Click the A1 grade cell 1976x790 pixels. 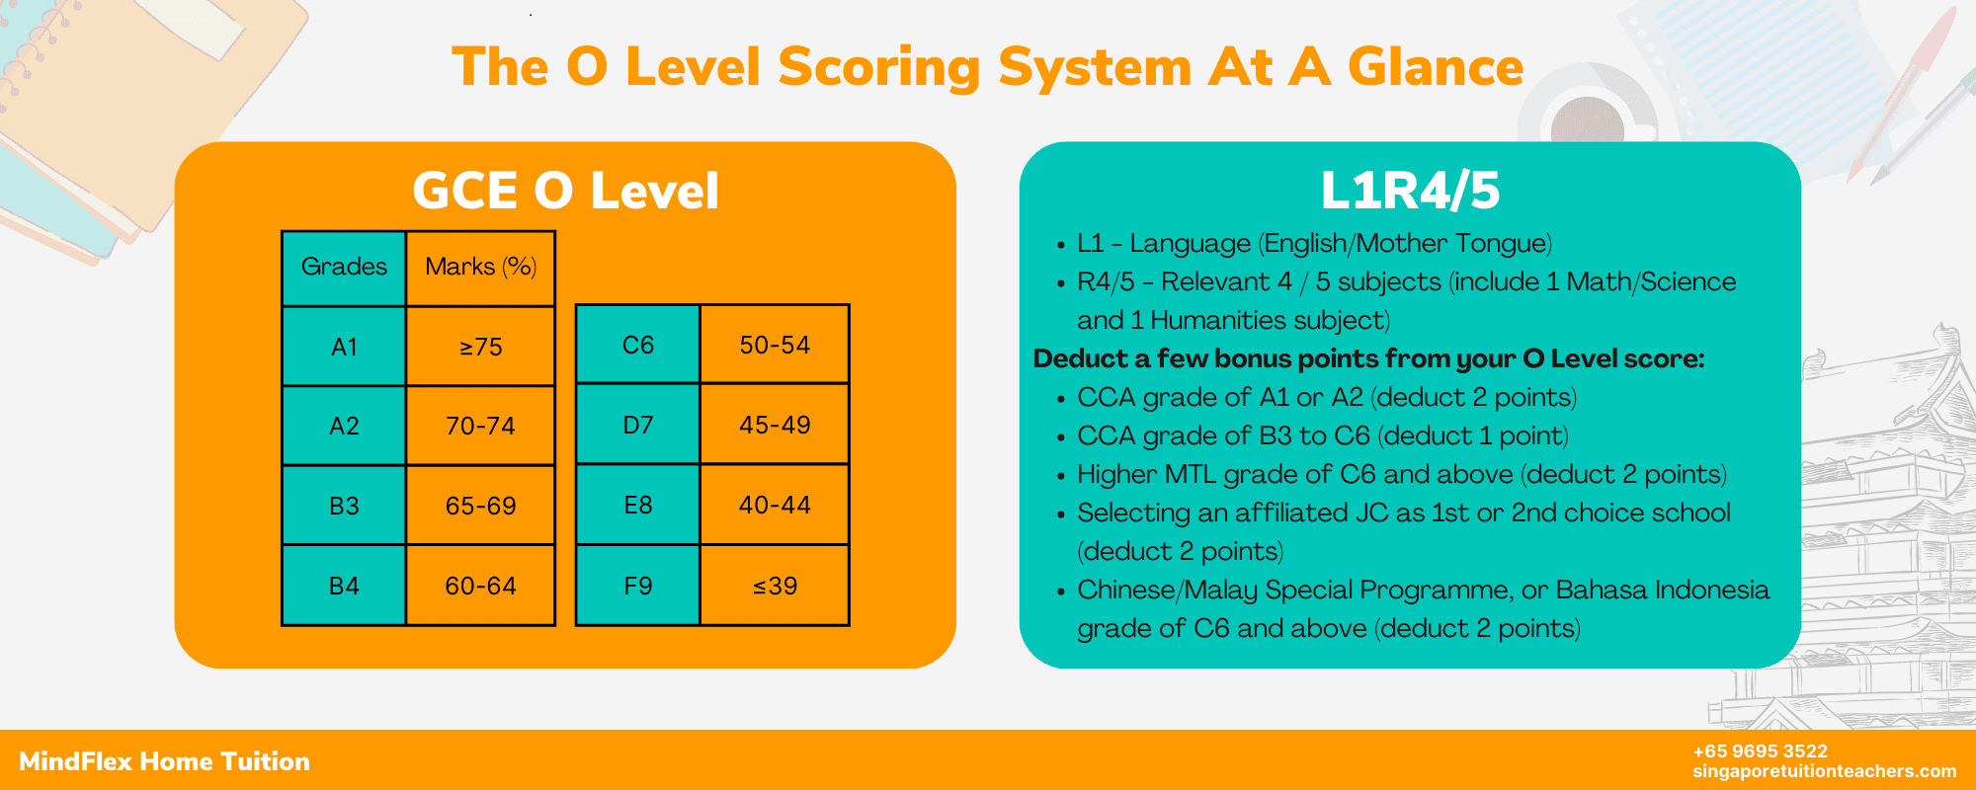tap(344, 347)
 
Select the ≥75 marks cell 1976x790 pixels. tap(481, 347)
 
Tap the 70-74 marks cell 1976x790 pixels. tap(481, 426)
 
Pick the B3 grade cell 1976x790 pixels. tap(344, 506)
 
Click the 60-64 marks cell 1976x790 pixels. tap(481, 586)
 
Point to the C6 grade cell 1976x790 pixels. tap(638, 345)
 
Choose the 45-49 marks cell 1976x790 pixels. tap(775, 425)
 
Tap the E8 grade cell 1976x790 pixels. tap(638, 505)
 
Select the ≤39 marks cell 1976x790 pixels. tap(775, 586)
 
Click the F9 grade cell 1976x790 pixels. tap(638, 586)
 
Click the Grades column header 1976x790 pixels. tap(344, 267)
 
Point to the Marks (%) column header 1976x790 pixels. tap(481, 267)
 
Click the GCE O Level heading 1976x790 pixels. tap(565, 191)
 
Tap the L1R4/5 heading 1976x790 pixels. tap(1410, 191)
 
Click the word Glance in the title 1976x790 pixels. tap(1436, 67)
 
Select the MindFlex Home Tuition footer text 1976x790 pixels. tap(164, 761)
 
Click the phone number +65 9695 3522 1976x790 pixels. tap(1760, 751)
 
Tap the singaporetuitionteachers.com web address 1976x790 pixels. tap(1824, 771)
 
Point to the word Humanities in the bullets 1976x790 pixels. tap(1208, 320)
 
